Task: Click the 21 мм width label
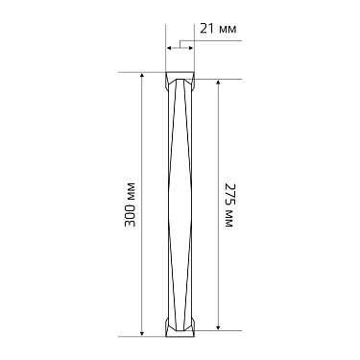218,29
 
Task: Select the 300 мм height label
130,204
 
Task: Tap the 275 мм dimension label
229,205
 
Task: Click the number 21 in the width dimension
207,29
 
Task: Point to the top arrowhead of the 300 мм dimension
142,75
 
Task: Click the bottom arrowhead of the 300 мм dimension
142,333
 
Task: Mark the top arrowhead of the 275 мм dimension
218,83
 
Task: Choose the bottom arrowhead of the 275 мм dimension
218,327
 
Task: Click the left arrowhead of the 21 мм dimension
170,48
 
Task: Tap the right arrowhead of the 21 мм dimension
191,48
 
